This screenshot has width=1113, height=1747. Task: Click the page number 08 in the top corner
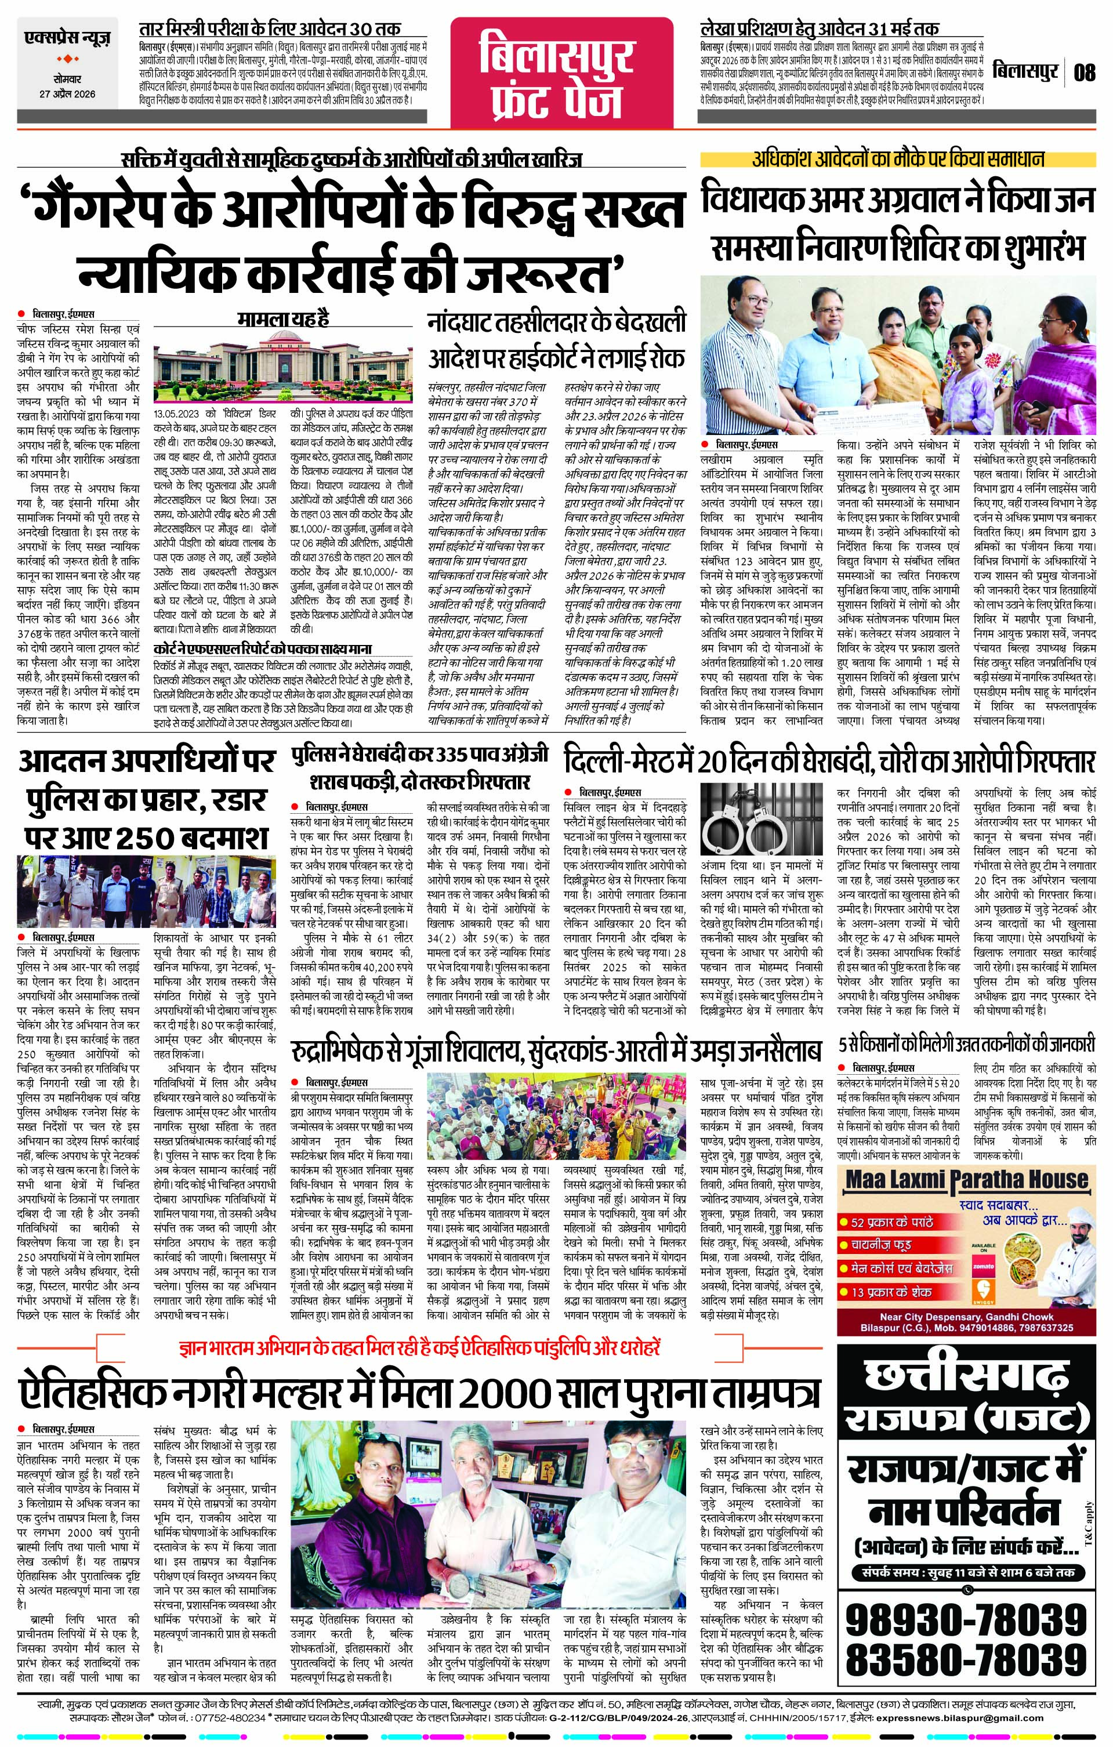pyautogui.click(x=1085, y=73)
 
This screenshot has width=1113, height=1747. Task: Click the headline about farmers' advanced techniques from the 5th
pyautogui.click(x=966, y=1045)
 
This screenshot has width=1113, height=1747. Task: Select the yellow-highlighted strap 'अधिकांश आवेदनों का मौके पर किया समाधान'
pyautogui.click(x=897, y=161)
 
